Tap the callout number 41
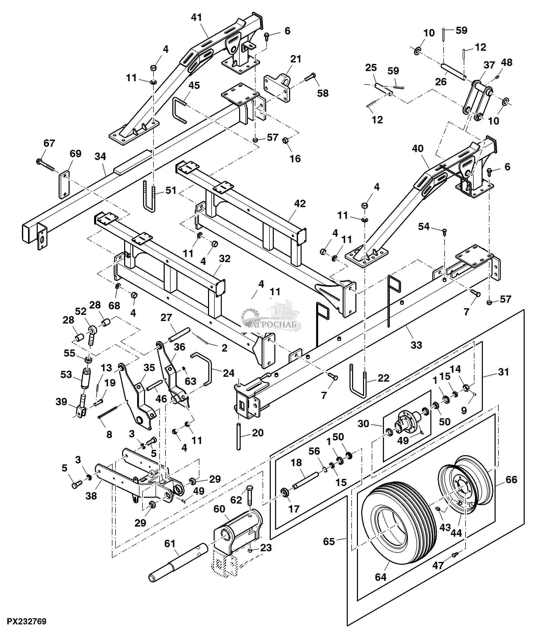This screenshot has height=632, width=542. point(197,17)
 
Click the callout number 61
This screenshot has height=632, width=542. point(170,543)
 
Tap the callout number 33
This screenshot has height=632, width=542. point(416,345)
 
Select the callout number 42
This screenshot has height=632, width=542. point(300,204)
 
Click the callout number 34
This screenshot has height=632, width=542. point(100,156)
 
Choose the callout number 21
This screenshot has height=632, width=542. point(295,59)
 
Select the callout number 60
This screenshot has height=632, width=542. point(219,509)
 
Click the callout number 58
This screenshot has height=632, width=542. point(323,93)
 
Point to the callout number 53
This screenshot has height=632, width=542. point(66,374)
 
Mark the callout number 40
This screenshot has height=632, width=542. point(418,149)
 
